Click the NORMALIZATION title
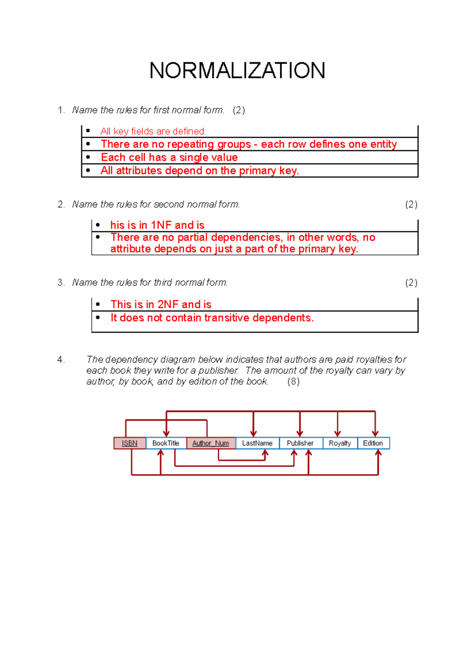237,71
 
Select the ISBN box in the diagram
129,443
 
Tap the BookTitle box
166,443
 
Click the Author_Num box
211,443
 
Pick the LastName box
257,443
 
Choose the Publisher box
300,443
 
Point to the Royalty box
340,443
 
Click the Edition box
373,443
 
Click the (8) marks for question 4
293,382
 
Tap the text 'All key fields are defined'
152,131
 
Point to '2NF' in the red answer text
168,304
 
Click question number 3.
61,283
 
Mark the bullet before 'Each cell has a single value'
88,157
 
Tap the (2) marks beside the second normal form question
411,205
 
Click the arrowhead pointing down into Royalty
338,433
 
